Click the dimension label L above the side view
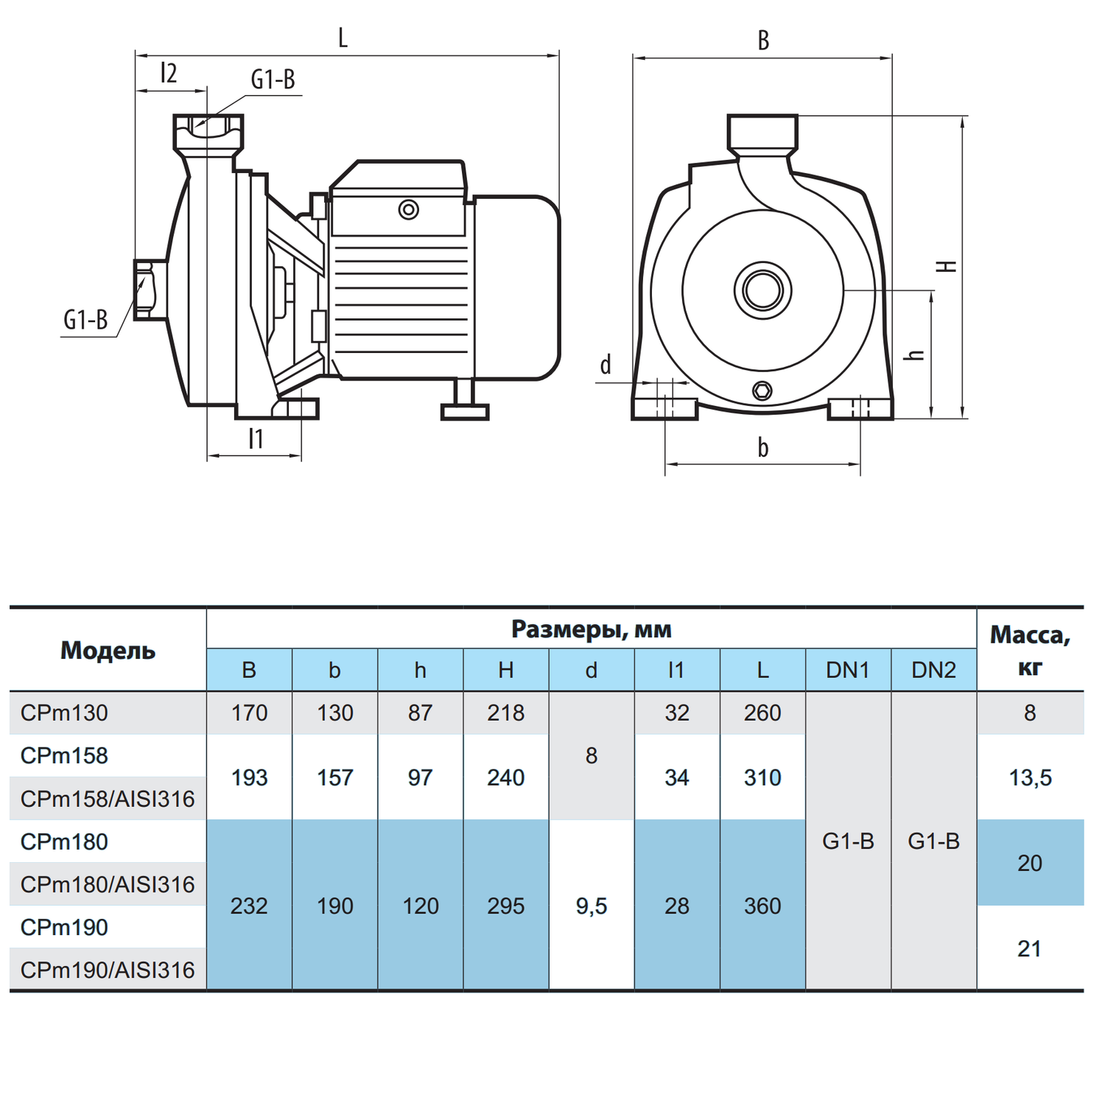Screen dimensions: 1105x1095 (343, 38)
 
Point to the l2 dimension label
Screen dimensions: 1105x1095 (169, 73)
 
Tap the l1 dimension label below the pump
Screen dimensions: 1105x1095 (256, 438)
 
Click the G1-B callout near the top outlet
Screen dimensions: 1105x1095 (273, 80)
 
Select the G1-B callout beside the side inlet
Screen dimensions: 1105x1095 (85, 320)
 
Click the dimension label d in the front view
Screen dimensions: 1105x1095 (606, 364)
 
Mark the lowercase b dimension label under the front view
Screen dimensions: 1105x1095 (763, 447)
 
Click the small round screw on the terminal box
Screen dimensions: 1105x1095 (409, 210)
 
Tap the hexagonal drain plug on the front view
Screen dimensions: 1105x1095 (763, 391)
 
